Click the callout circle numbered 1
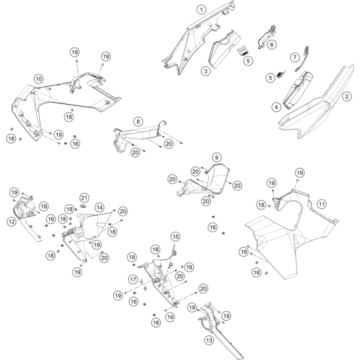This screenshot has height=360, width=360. tap(202, 10)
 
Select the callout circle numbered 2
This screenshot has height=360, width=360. tap(347, 96)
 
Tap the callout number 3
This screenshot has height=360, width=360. tap(205, 71)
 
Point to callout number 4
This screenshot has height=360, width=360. tap(277, 107)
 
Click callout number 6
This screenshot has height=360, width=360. tap(272, 44)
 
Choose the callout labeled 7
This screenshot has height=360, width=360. tap(295, 57)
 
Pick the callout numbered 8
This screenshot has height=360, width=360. tap(138, 122)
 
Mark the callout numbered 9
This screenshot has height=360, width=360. tap(216, 157)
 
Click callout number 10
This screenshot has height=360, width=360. tap(39, 79)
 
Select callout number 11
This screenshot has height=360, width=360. tap(321, 204)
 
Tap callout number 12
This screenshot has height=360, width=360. tap(12, 221)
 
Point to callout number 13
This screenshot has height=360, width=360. tap(209, 340)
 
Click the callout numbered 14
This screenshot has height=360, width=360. tap(100, 207)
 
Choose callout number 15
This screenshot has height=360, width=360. tap(175, 236)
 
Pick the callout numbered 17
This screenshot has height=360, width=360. tap(133, 280)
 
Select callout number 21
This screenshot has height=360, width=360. tap(84, 198)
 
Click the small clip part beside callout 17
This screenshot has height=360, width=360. tap(141, 281)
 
